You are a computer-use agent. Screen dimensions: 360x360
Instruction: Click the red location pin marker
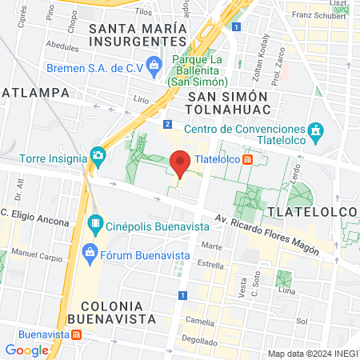pyautogui.click(x=181, y=162)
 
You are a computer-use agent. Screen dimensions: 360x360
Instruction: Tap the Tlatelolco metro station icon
pyautogui.click(x=249, y=158)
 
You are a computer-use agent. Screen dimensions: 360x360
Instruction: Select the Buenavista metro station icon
pyautogui.click(x=76, y=334)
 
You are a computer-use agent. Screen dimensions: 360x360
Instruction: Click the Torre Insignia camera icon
pyautogui.click(x=98, y=154)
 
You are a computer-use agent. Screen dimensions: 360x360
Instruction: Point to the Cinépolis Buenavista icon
pyautogui.click(x=95, y=220)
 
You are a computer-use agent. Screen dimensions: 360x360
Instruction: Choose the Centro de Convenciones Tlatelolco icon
pyautogui.click(x=317, y=130)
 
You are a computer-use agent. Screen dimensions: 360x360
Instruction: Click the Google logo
pyautogui.click(x=26, y=350)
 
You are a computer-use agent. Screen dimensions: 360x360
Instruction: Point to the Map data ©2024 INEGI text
pyautogui.click(x=313, y=354)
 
